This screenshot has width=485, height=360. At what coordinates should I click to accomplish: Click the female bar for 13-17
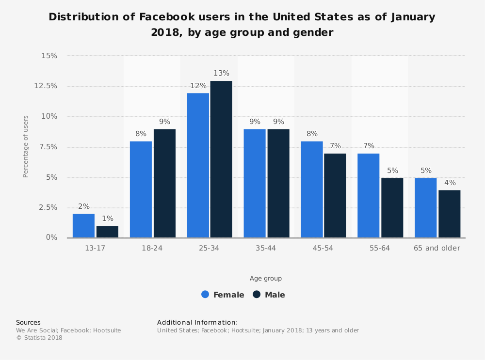pyautogui.click(x=83, y=226)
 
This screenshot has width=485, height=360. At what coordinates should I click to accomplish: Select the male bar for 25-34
pyautogui.click(x=221, y=159)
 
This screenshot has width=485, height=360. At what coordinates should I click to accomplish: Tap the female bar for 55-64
pyautogui.click(x=369, y=196)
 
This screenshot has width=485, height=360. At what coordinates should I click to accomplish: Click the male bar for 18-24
pyautogui.click(x=164, y=183)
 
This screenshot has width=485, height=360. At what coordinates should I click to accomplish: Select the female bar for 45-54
pyautogui.click(x=312, y=189)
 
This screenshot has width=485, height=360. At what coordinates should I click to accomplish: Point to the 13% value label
pyautogui.click(x=221, y=73)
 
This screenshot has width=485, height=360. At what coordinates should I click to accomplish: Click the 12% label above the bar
pyautogui.click(x=198, y=85)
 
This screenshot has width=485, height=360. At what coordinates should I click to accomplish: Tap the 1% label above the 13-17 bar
pyautogui.click(x=107, y=218)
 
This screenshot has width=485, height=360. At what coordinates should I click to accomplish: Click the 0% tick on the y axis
pyautogui.click(x=51, y=237)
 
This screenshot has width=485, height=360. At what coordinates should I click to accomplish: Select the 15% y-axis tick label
pyautogui.click(x=49, y=56)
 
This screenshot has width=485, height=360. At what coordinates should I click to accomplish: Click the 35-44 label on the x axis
pyautogui.click(x=266, y=248)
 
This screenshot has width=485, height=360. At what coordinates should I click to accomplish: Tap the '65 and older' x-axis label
pyautogui.click(x=436, y=248)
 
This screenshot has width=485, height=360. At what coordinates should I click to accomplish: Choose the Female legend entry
pyautogui.click(x=223, y=295)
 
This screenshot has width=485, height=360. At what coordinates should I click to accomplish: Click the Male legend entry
pyautogui.click(x=269, y=295)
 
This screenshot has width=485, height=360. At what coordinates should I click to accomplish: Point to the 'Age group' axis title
pyautogui.click(x=266, y=279)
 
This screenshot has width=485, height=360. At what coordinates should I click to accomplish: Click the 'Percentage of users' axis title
pyautogui.click(x=26, y=146)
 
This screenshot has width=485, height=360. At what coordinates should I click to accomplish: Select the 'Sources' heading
pyautogui.click(x=28, y=322)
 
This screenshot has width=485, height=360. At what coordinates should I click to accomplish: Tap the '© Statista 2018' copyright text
pyautogui.click(x=39, y=338)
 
